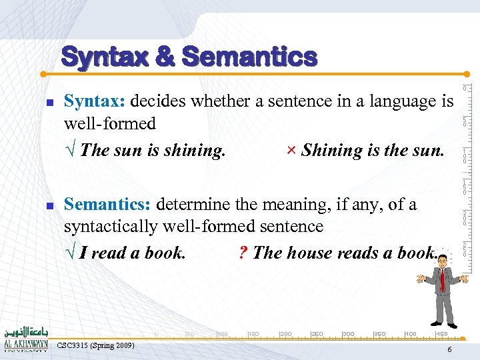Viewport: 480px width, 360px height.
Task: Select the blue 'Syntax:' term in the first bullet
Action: pyautogui.click(x=95, y=101)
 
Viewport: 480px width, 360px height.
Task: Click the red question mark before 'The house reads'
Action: pyautogui.click(x=243, y=253)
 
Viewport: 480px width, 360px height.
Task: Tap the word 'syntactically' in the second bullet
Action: pyautogui.click(x=109, y=227)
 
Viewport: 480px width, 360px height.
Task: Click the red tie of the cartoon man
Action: pyautogui.click(x=442, y=280)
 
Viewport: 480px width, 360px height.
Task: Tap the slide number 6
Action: pyautogui.click(x=449, y=350)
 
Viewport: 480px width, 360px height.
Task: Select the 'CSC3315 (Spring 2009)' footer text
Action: pyautogui.click(x=96, y=345)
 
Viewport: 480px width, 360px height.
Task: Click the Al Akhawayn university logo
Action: pyautogui.click(x=25, y=339)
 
